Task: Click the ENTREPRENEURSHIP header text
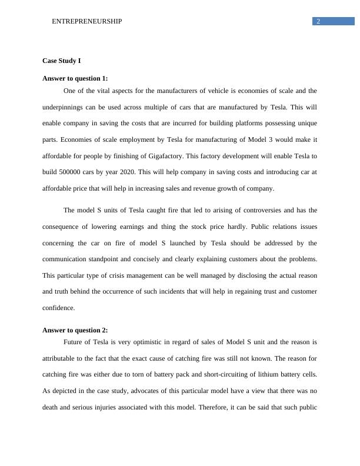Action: click(87, 21)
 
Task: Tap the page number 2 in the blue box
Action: click(318, 21)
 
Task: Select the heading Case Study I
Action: click(62, 61)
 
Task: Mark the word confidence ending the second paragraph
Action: click(59, 308)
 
